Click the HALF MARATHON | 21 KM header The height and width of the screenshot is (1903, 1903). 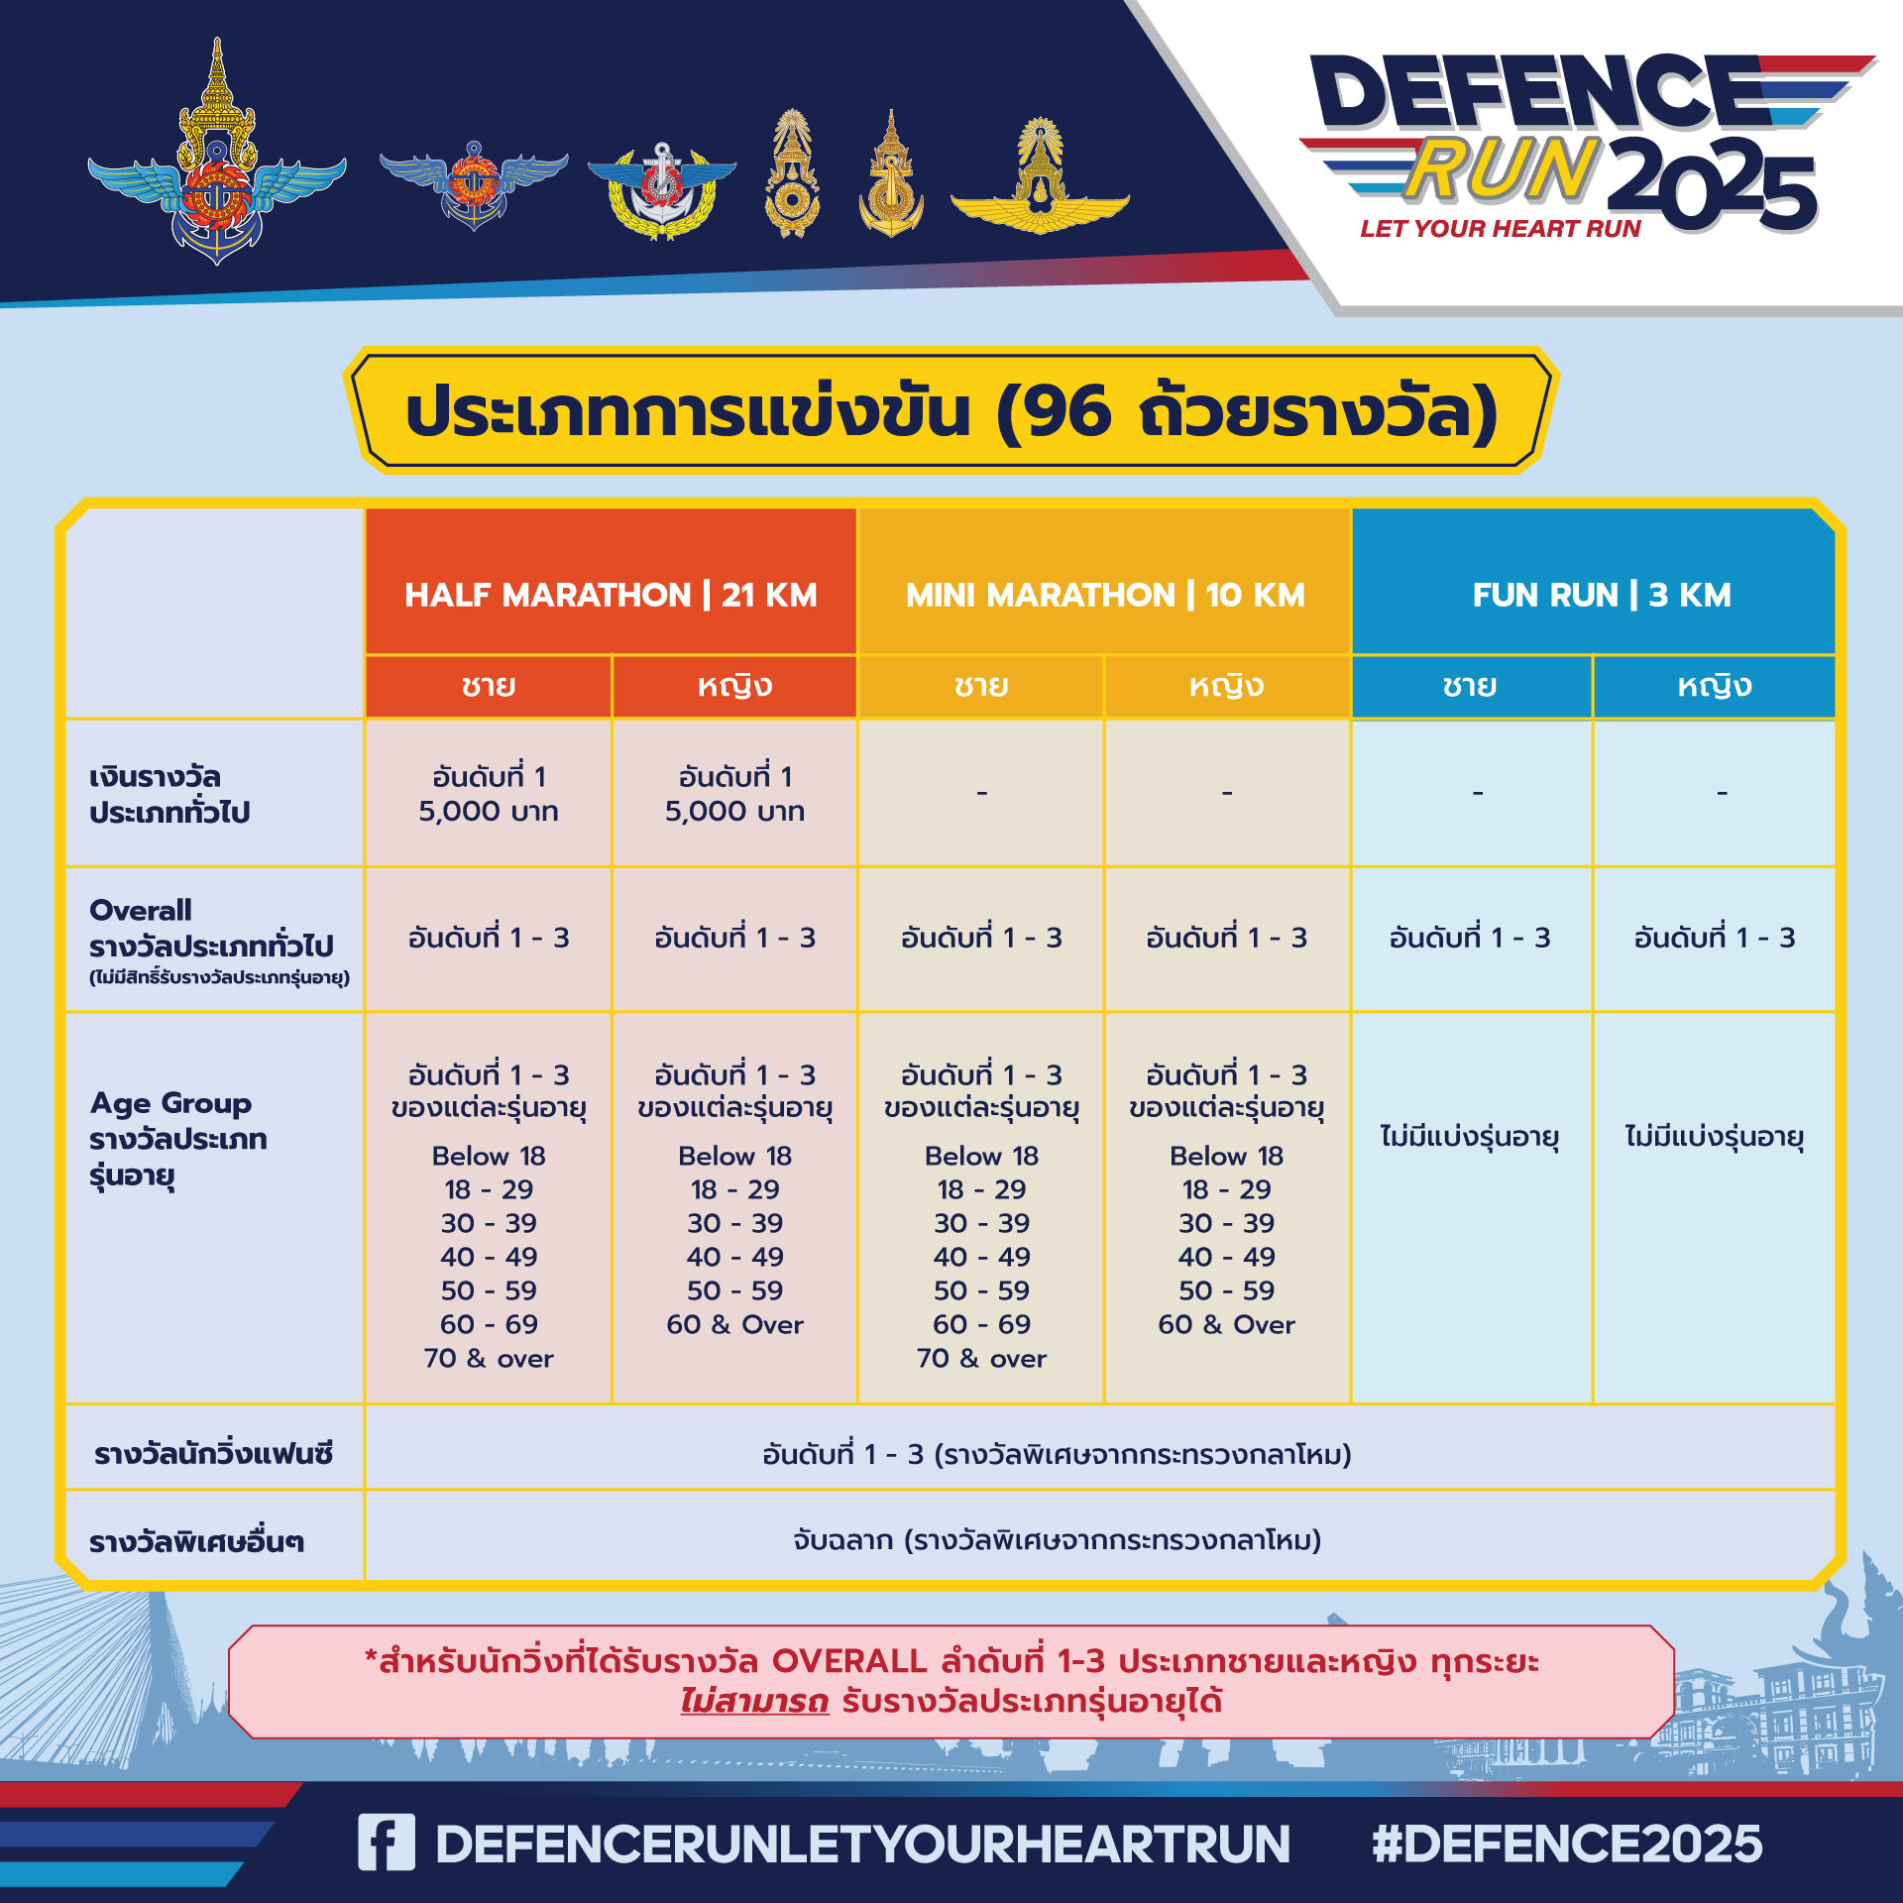(611, 595)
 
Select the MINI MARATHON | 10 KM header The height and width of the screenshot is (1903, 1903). (1105, 595)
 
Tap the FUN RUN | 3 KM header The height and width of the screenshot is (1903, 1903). (1602, 595)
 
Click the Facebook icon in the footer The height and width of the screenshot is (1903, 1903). (387, 1843)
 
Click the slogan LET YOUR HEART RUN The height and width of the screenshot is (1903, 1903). (1501, 229)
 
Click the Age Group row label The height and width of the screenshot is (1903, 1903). (170, 1102)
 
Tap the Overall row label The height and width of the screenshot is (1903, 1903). (140, 910)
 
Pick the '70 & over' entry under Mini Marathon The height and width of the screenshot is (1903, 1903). (981, 1358)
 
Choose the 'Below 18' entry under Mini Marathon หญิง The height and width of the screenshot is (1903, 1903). (1226, 1156)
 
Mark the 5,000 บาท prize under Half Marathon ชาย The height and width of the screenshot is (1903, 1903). (488, 811)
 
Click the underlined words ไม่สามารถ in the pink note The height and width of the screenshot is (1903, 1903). (753, 1701)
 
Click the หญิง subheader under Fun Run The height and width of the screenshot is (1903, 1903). (1714, 686)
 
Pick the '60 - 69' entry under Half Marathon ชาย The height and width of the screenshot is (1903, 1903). (489, 1324)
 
